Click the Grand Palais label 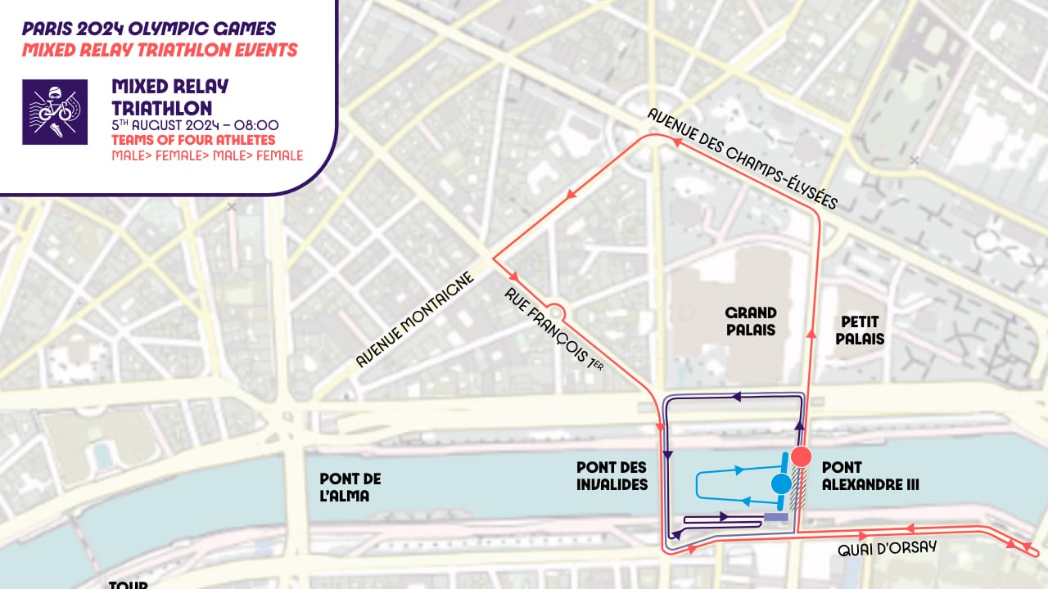coord(751,321)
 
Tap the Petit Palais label coord(860,330)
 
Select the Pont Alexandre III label coord(870,476)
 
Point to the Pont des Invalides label coord(612,476)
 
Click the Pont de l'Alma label coord(350,488)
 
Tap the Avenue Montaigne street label coord(415,320)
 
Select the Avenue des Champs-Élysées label coord(743,160)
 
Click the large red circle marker coord(801,456)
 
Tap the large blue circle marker coord(781,483)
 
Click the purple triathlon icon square coord(55,112)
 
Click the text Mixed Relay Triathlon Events coord(160,50)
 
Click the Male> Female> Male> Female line coord(207,155)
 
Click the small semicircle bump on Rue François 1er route coord(555,310)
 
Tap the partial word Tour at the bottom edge coord(128,584)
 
